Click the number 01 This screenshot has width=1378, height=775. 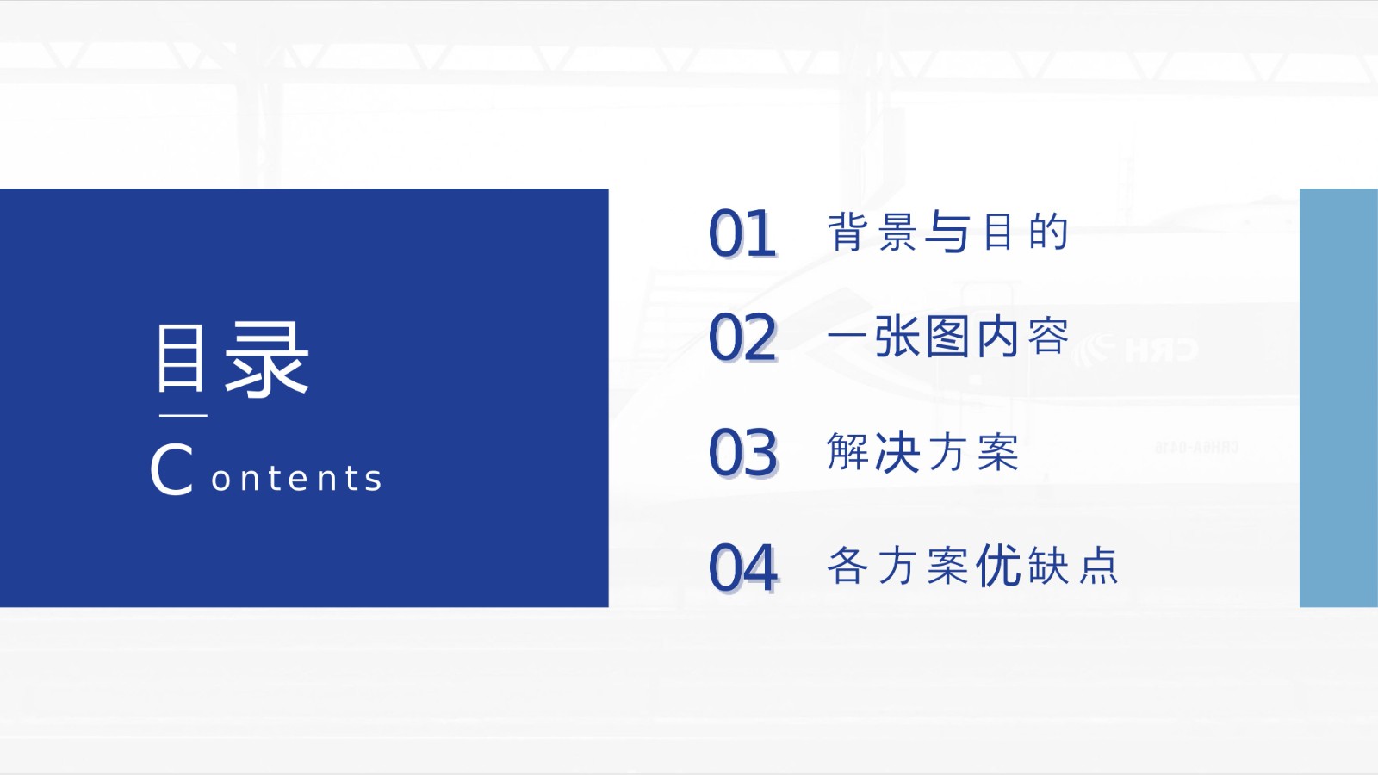[x=742, y=233]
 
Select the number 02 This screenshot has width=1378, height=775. [x=742, y=337]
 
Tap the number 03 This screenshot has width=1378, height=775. [x=743, y=453]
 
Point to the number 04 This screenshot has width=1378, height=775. [x=743, y=567]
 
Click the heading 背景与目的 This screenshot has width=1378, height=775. [x=947, y=232]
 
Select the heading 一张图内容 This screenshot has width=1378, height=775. [x=947, y=336]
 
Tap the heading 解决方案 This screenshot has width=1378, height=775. [x=922, y=451]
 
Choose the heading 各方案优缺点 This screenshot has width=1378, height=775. [x=972, y=565]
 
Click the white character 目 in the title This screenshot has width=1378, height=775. [x=180, y=358]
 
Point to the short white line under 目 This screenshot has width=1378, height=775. [x=183, y=416]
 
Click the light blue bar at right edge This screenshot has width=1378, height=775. [x=1338, y=397]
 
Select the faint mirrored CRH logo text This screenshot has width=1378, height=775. [x=1136, y=350]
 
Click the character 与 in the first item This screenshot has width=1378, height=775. [x=947, y=232]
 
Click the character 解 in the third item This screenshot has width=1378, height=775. [x=847, y=451]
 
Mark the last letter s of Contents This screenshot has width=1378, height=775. [x=373, y=480]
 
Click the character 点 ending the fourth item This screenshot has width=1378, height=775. [x=1099, y=565]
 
